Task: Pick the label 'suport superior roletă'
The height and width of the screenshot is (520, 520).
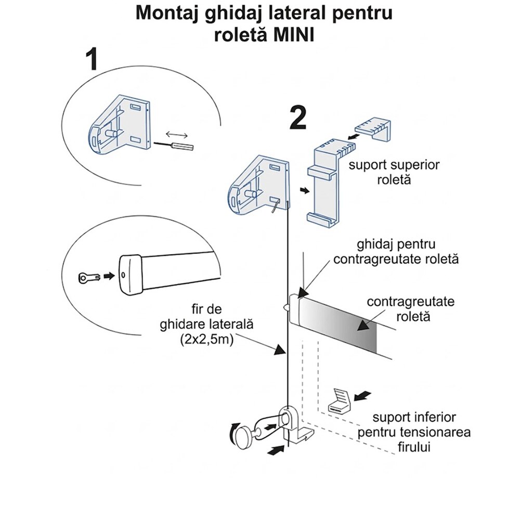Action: (394, 173)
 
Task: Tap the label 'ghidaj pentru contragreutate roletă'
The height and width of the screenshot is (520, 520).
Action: (396, 251)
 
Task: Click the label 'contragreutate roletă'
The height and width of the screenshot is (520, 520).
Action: (410, 308)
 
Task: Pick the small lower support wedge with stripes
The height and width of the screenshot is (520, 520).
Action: (341, 401)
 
